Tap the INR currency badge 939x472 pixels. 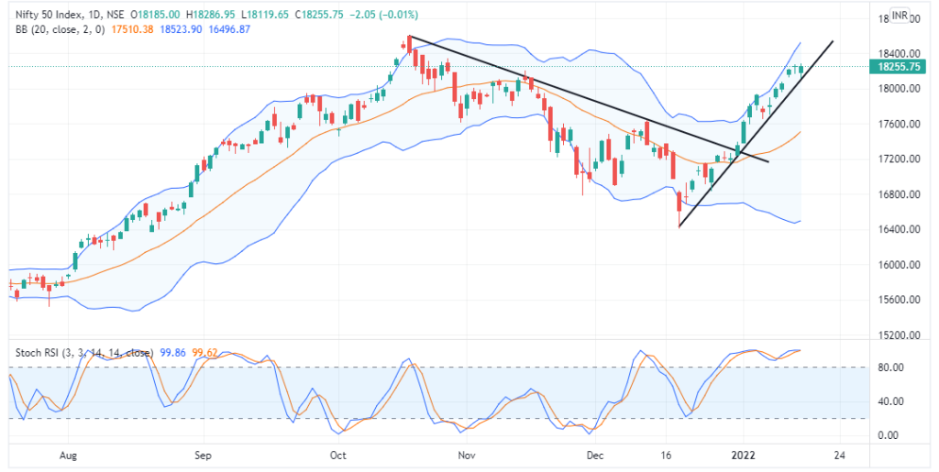click(x=900, y=16)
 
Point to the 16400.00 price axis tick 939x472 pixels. click(x=894, y=230)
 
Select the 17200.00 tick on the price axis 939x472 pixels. click(x=894, y=159)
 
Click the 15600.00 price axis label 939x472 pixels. click(x=894, y=301)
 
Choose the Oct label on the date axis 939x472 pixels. click(x=337, y=454)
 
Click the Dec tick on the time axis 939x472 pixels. click(x=595, y=454)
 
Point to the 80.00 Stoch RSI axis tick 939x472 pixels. click(x=889, y=368)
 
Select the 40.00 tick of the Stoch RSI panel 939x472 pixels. click(x=889, y=401)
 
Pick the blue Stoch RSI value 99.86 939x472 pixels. click(x=171, y=351)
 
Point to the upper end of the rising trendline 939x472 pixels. click(x=833, y=41)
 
